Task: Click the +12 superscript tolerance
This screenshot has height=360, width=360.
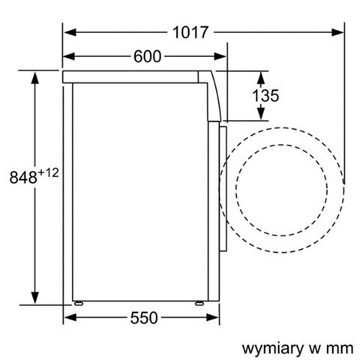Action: pyautogui.click(x=49, y=172)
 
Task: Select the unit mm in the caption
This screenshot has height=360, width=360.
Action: pyautogui.click(x=339, y=348)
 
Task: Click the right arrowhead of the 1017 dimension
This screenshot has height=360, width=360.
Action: pyautogui.click(x=338, y=33)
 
